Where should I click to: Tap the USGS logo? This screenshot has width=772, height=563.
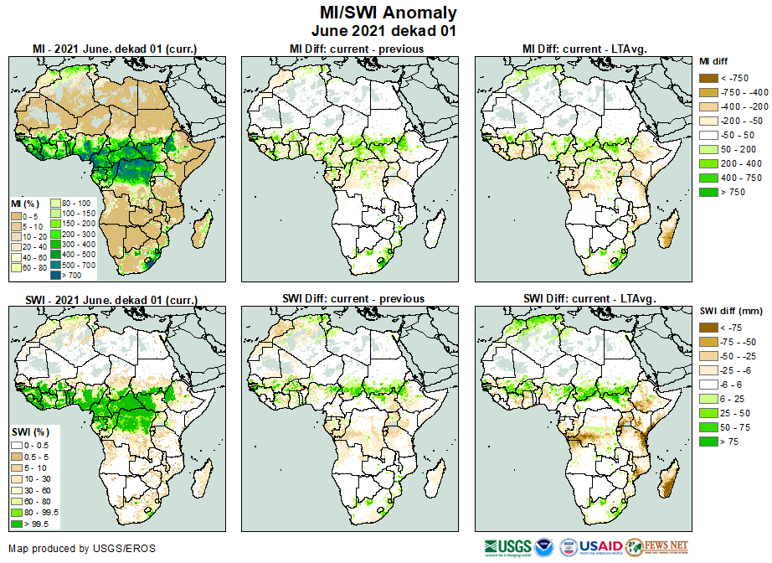tap(506, 547)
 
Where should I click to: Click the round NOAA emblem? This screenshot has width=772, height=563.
tap(544, 547)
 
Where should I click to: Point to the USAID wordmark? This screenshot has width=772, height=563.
tap(601, 547)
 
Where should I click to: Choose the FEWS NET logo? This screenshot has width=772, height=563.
tap(656, 547)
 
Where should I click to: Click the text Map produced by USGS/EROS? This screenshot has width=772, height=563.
tap(82, 549)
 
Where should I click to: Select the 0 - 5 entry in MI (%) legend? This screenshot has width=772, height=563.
tap(18, 216)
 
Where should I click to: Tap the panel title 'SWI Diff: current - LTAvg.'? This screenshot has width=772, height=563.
tap(588, 298)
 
